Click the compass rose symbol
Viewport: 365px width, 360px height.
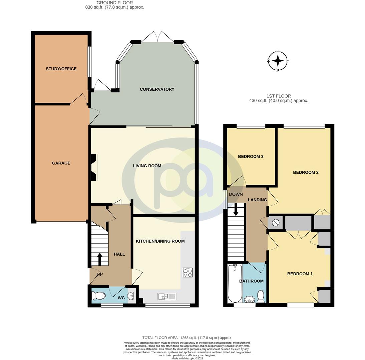click(x=278, y=61)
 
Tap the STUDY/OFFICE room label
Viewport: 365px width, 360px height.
click(x=61, y=69)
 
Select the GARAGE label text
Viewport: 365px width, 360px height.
click(x=61, y=163)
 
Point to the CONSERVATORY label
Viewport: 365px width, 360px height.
click(x=157, y=89)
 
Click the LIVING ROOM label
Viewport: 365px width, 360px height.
click(x=147, y=166)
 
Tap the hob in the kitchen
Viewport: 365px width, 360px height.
click(x=188, y=273)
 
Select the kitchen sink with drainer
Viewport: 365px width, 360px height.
click(x=167, y=296)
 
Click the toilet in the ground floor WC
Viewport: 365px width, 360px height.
click(x=99, y=295)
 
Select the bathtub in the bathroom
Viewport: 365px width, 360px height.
click(x=235, y=283)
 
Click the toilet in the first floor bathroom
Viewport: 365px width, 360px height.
click(x=261, y=296)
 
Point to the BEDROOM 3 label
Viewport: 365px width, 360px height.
click(x=251, y=156)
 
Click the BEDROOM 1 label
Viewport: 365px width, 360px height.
click(x=300, y=274)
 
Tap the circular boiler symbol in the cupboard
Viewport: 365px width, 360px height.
click(x=276, y=223)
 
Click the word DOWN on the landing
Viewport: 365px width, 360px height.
click(x=236, y=194)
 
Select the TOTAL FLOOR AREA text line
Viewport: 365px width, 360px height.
click(x=187, y=338)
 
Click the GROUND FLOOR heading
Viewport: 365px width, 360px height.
click(x=114, y=3)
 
